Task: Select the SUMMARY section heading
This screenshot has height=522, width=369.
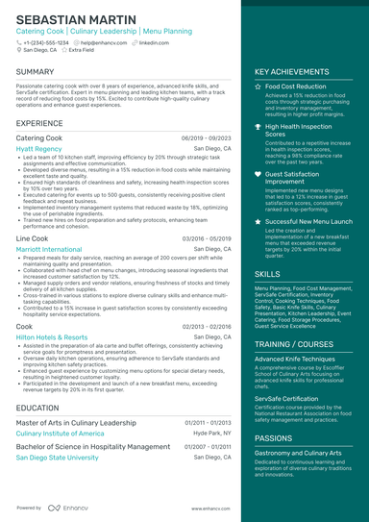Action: (x=36, y=72)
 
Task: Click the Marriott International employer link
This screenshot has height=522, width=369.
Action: (x=49, y=249)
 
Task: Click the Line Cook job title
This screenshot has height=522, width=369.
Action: (x=32, y=237)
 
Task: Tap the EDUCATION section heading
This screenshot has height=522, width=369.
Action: (x=37, y=408)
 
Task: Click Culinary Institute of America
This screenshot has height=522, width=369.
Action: (x=60, y=434)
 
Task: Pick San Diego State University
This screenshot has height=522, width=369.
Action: (x=58, y=458)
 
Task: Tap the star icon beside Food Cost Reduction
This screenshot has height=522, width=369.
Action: (x=258, y=87)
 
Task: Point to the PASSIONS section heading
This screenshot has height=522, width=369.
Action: (x=274, y=437)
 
